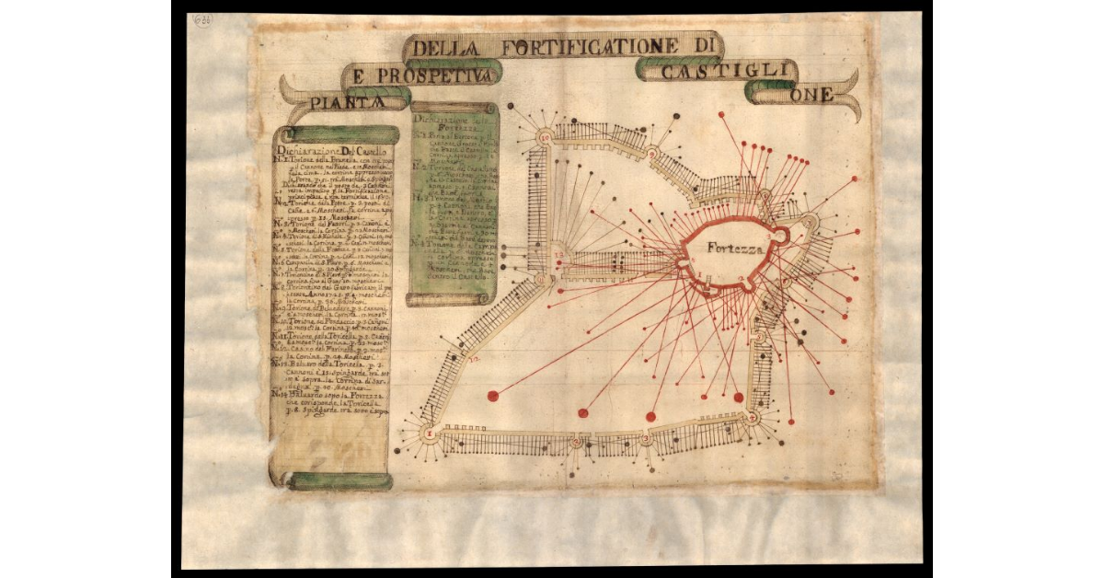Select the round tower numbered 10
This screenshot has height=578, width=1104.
545,137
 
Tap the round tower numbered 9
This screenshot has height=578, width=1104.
650,152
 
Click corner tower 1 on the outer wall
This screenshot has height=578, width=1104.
428,433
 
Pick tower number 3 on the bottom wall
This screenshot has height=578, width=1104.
646,440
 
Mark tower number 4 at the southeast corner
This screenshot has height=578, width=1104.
753,419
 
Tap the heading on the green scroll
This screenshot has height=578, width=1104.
454,122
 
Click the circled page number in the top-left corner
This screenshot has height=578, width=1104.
201,19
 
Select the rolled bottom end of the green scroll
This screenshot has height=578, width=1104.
448,299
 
